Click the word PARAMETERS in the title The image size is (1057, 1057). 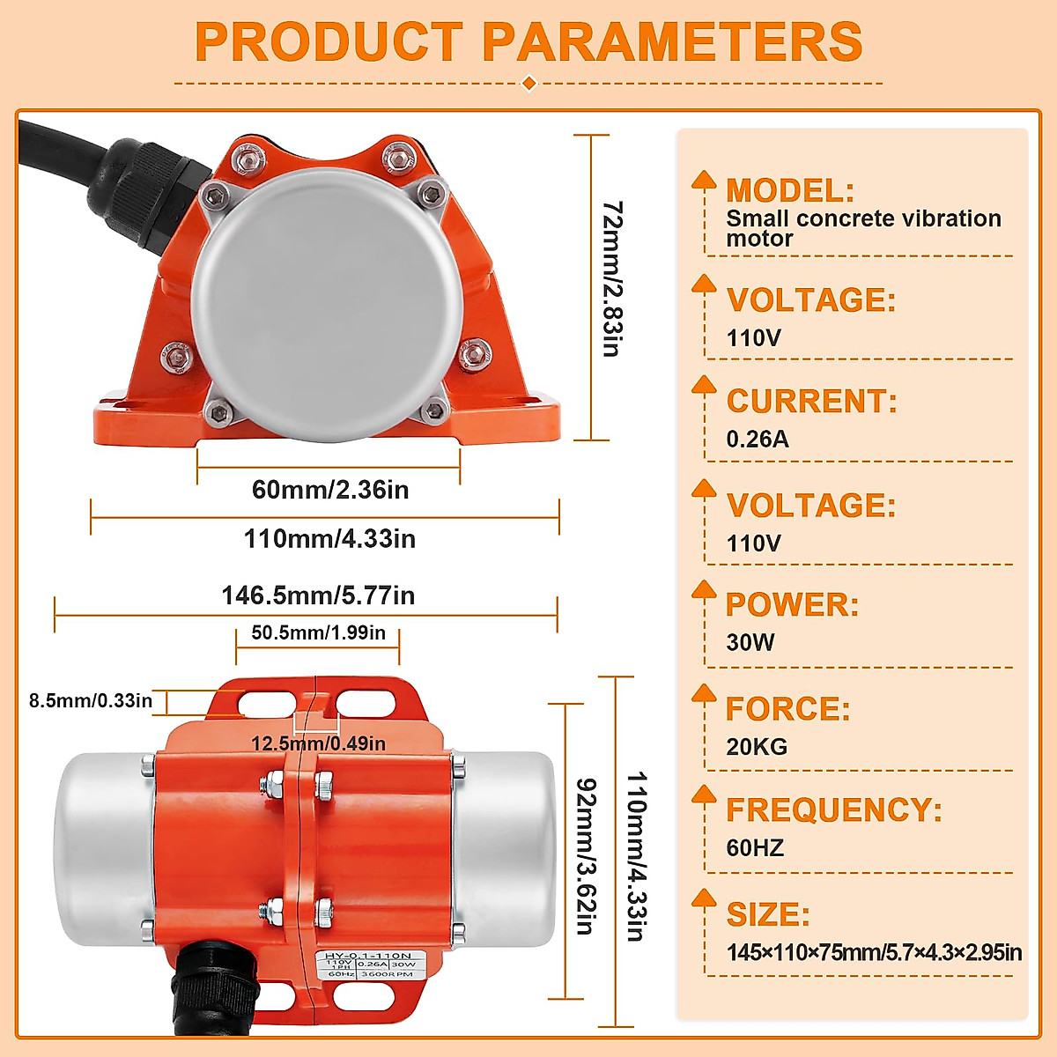pos(672,41)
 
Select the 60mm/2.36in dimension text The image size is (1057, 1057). pos(330,490)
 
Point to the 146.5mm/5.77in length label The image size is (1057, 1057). pos(318,596)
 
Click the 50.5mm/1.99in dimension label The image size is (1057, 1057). pos(318,633)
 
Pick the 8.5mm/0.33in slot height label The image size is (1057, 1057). pos(91,701)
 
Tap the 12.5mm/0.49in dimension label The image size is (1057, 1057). pos(318,744)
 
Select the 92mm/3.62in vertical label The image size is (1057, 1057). pos(586,855)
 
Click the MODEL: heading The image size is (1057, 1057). pos(789,190)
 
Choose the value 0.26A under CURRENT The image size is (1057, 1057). pos(757,439)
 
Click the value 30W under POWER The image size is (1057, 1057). pos(750,642)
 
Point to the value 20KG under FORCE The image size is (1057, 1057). pos(756,747)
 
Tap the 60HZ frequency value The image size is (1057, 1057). pos(754,848)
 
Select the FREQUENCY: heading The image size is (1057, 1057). pos(833,810)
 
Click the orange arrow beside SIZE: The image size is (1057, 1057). pos(704,899)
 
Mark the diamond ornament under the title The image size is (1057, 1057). pos(528,84)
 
